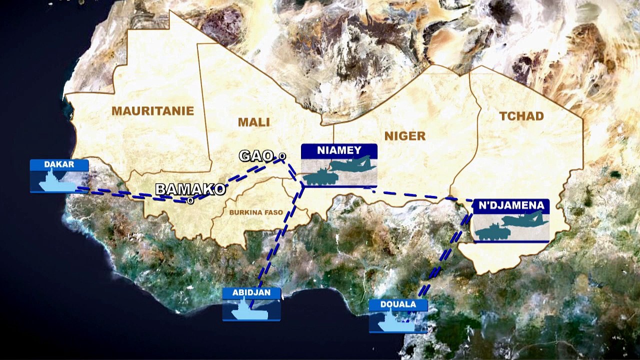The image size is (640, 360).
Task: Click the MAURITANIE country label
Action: pos(152,111)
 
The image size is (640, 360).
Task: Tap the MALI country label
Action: pos(253,122)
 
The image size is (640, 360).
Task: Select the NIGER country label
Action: pos(405,135)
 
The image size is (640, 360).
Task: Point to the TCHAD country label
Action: pos(521,116)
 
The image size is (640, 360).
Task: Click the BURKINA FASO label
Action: pos(256,212)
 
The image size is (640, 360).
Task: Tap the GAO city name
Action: pos(256,156)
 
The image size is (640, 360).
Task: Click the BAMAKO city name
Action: pos(190,189)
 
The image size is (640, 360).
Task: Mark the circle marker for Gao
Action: pos(282,156)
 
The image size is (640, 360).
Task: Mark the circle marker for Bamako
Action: pos(190,200)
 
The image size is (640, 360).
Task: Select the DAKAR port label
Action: pos(59,164)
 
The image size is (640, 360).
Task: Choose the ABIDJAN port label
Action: pos(251,293)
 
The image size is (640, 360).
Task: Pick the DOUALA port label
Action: pos(398,304)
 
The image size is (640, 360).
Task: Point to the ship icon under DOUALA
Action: pos(395,322)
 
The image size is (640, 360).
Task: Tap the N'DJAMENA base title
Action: pos(510,205)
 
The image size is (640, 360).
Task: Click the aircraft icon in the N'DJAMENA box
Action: pos(524,219)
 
